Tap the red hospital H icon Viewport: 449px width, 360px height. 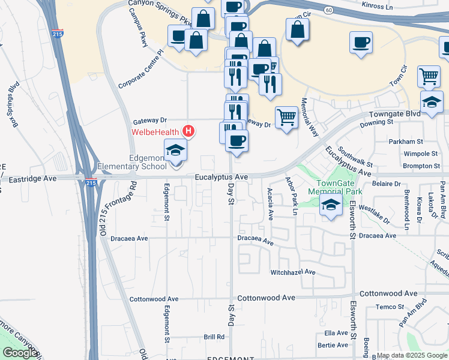188,131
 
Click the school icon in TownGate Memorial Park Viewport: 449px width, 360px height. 331,204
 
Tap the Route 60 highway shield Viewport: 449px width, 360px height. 328,10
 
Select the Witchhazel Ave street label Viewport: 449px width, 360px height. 293,272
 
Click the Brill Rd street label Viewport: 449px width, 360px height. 214,337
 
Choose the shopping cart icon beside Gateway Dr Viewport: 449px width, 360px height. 287,118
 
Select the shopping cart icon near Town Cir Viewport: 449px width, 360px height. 429,76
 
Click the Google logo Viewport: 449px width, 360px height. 20,353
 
